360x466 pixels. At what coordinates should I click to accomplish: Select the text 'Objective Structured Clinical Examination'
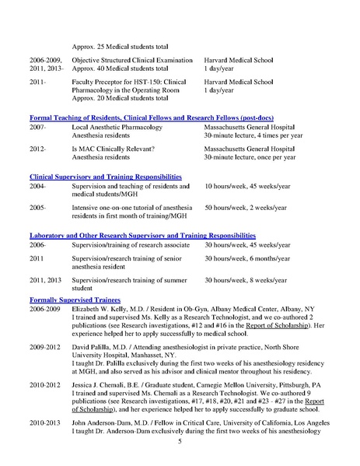tap(131, 60)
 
